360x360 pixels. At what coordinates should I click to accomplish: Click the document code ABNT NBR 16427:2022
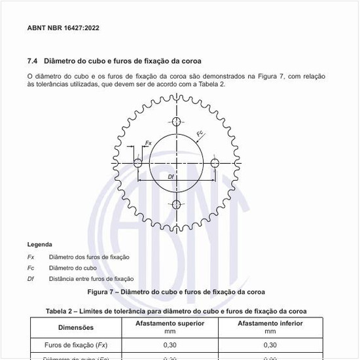tap(63, 28)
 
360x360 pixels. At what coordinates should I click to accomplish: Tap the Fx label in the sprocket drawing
tap(149, 142)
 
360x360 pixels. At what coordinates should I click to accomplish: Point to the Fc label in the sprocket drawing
tap(200, 134)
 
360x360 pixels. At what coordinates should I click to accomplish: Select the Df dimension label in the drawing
tap(171, 176)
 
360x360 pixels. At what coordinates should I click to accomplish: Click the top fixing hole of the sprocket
tap(176, 122)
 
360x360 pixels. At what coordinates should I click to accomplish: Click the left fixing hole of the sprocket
tap(137, 162)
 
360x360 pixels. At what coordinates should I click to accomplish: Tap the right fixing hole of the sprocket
tap(215, 162)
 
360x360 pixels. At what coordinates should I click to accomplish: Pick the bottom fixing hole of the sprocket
tap(176, 204)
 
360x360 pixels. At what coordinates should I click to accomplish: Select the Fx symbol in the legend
tap(31, 257)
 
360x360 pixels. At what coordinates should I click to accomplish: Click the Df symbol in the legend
tap(31, 278)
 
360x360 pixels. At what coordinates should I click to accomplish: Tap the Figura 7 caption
tap(179, 291)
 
